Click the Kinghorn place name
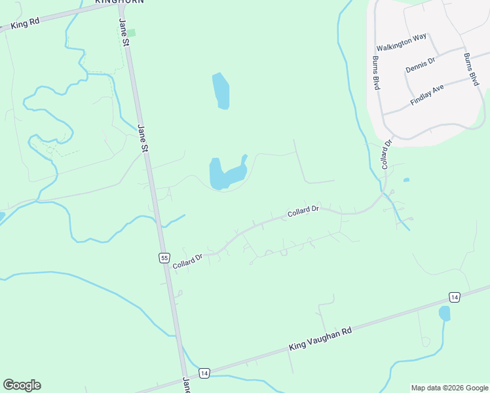click(x=119, y=2)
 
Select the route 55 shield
click(x=164, y=257)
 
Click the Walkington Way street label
click(x=402, y=47)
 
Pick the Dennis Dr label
click(x=421, y=65)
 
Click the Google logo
click(x=22, y=385)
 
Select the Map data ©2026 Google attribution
click(x=449, y=388)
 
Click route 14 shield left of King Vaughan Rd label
click(x=204, y=372)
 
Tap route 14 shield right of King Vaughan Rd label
click(x=455, y=297)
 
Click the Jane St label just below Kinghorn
click(x=124, y=31)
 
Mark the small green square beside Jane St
click(x=131, y=33)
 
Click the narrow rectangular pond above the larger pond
click(x=221, y=91)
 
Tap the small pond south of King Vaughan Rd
click(x=445, y=314)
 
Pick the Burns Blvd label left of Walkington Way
click(x=377, y=73)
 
